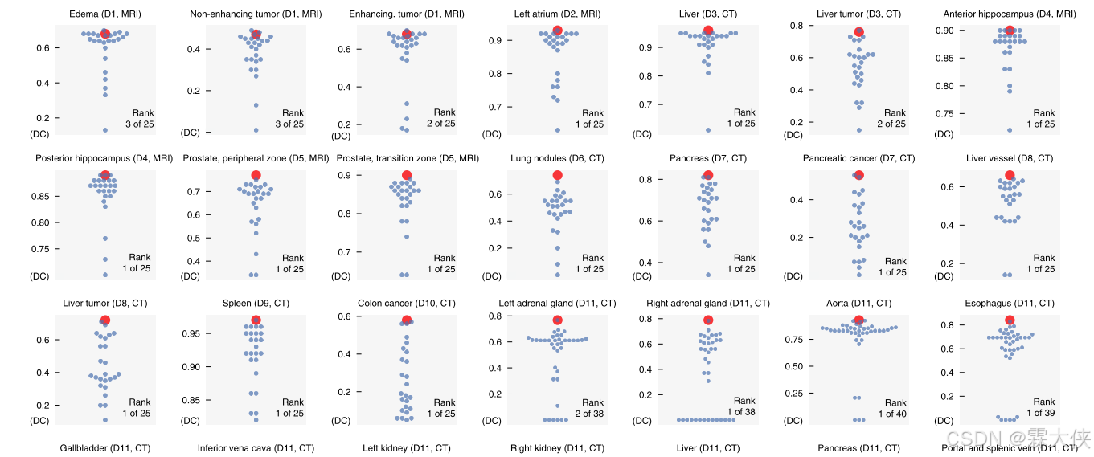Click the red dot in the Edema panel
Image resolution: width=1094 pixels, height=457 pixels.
click(105, 34)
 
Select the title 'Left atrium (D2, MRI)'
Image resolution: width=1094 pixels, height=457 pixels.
click(557, 14)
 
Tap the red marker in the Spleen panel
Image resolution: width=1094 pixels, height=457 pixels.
click(256, 320)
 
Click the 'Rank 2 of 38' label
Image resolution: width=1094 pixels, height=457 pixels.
click(592, 408)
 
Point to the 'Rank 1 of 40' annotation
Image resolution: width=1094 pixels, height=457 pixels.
click(895, 408)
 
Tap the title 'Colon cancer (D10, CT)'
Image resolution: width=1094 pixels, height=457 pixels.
click(406, 304)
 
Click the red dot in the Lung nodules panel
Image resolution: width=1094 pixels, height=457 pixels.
click(557, 176)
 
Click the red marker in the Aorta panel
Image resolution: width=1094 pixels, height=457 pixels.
click(859, 320)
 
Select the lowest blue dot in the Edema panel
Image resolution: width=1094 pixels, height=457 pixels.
click(104, 130)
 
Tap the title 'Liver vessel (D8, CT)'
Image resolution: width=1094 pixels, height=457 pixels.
click(1010, 159)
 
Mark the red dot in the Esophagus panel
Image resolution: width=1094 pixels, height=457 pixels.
click(1010, 320)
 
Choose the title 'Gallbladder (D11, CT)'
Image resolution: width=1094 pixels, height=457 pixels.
click(104, 448)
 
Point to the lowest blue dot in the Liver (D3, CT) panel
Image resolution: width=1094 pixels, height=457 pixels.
click(708, 130)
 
